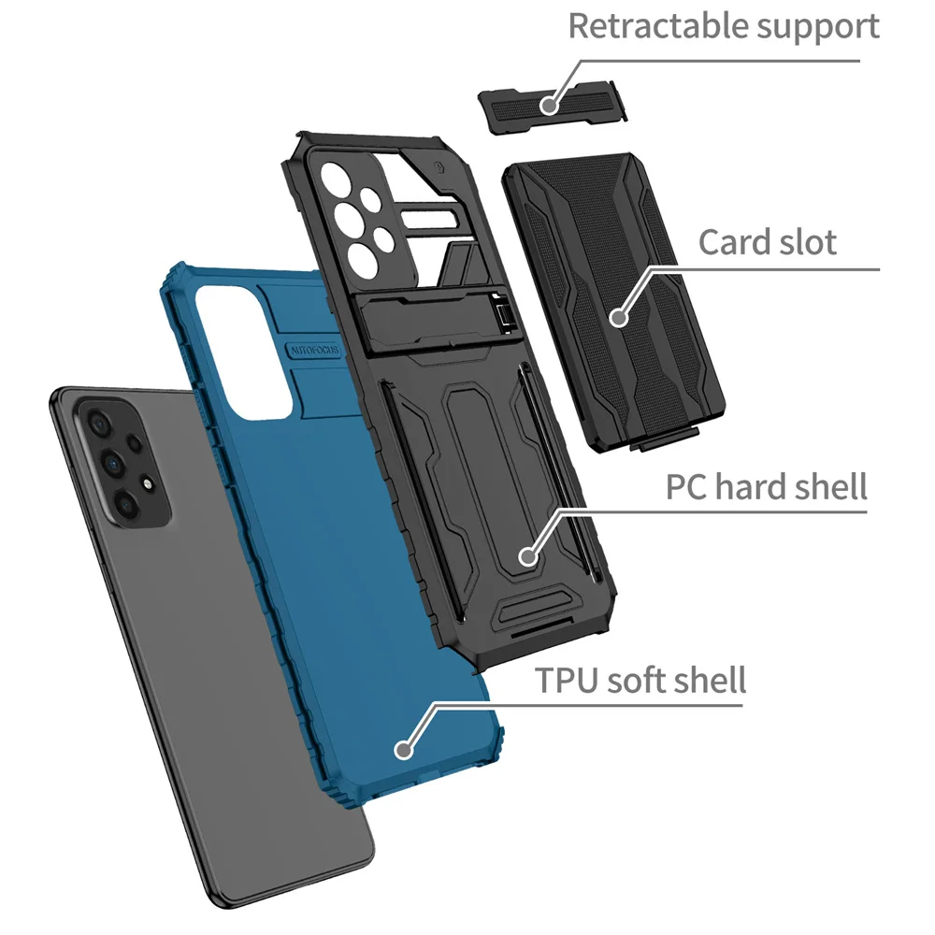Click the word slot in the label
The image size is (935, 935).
[x=807, y=242]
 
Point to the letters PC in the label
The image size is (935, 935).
[x=684, y=487]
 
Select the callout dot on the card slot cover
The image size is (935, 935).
[x=617, y=318]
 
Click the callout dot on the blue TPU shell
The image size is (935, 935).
[x=404, y=748]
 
